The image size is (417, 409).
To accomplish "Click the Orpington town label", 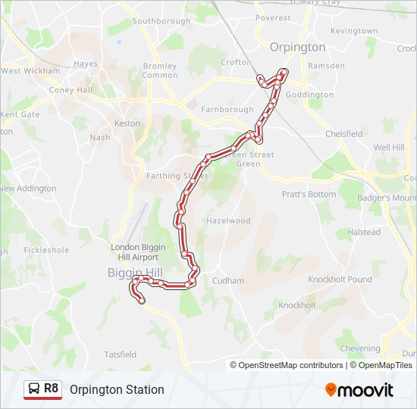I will coord(298,47).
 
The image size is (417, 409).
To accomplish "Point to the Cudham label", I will coord(228,281).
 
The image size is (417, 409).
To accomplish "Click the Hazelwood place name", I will coord(228,221).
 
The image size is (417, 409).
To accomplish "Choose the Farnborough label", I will coord(227,109).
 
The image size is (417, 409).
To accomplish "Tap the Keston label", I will coord(127,123).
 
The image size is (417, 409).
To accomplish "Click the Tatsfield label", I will coord(120,354).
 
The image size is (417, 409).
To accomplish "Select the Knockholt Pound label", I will coord(340,279).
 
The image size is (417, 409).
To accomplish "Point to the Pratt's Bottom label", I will coord(309,195).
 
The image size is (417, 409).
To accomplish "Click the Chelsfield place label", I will coord(343,134).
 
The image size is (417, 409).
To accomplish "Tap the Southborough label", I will coord(161,21).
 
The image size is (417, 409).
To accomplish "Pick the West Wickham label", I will coord(30,71).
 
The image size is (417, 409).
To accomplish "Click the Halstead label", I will coord(364,233).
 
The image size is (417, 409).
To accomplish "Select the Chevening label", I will coord(360,348).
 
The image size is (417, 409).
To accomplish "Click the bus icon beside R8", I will coord(34,390).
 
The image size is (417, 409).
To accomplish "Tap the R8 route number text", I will coord(51,389).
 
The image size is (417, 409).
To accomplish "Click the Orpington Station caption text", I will coord(117,390).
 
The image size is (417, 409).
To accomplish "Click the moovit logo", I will coord(359,390).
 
